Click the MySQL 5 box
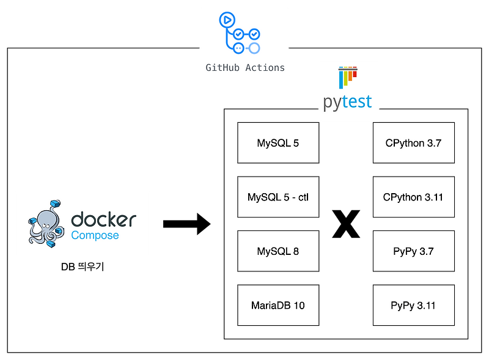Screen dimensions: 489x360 (x=278, y=142)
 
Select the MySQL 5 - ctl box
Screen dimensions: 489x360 (x=278, y=197)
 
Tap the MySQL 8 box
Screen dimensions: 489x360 (x=278, y=251)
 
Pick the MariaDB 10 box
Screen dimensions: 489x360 (x=278, y=305)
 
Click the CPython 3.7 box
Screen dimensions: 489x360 (x=414, y=142)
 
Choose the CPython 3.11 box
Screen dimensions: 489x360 (x=414, y=197)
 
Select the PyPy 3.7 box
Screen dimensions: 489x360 (x=414, y=251)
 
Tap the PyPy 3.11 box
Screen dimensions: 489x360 (x=414, y=305)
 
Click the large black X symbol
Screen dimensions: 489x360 (x=346, y=224)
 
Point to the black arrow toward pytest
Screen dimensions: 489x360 (x=187, y=224)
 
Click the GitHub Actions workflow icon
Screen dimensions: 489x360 (x=240, y=33)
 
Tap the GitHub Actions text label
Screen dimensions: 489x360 (x=245, y=68)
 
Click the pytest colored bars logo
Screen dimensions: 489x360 (x=348, y=78)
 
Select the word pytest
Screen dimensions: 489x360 (x=347, y=102)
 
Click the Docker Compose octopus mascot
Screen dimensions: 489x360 (x=46, y=224)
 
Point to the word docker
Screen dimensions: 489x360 (x=103, y=219)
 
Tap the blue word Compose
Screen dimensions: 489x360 (x=95, y=235)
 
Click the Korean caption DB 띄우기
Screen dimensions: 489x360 (x=83, y=266)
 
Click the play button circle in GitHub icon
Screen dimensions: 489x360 (x=227, y=20)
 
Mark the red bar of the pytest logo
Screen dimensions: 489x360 (x=355, y=73)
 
